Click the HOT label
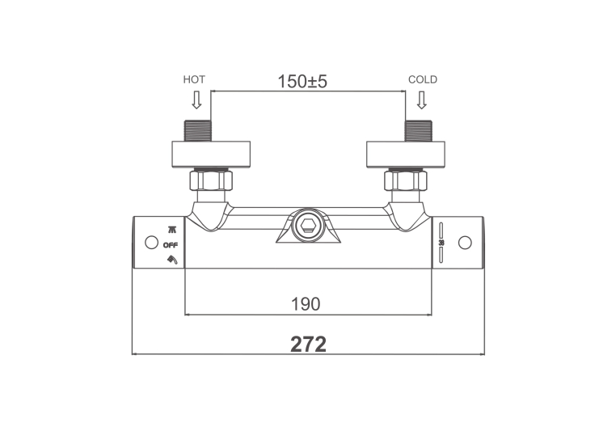(x=194, y=80)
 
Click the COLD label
(x=423, y=80)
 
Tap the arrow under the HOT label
(x=196, y=99)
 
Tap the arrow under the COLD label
(x=421, y=99)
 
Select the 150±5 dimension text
(x=302, y=82)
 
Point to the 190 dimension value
(x=306, y=304)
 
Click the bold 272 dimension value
(x=308, y=345)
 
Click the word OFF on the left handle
(x=171, y=245)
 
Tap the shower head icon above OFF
(x=172, y=230)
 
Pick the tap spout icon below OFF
(x=172, y=260)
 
